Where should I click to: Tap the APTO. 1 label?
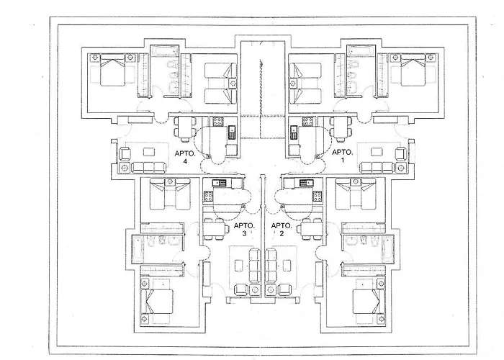coord(341,158)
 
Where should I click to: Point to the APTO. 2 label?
coord(279,230)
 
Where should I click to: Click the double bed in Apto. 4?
coord(112,71)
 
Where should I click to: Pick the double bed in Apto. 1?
coord(408,71)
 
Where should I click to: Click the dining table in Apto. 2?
coord(312,230)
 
